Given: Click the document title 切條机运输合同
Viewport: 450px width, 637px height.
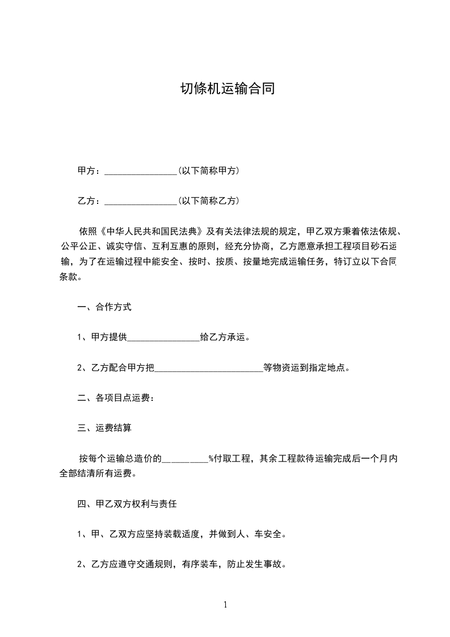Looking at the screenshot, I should pyautogui.click(x=227, y=89).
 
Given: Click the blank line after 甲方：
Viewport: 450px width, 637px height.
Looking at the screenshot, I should pyautogui.click(x=141, y=171).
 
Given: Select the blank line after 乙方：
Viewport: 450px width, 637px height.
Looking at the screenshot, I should pyautogui.click(x=141, y=201).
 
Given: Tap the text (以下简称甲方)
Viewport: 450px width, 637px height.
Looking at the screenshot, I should pyautogui.click(x=208, y=170).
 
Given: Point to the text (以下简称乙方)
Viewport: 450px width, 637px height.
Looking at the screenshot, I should pyautogui.click(x=208, y=200).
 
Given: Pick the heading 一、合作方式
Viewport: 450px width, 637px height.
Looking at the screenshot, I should pyautogui.click(x=104, y=307).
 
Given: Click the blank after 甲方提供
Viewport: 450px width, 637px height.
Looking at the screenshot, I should pyautogui.click(x=163, y=338).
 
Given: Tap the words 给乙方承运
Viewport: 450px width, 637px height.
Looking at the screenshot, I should pyautogui.click(x=225, y=337).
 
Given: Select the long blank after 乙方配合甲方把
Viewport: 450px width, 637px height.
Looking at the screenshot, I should pyautogui.click(x=209, y=368).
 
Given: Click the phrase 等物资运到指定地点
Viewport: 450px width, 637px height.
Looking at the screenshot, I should pyautogui.click(x=304, y=367).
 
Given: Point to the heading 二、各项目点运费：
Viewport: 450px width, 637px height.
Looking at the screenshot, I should pyautogui.click(x=116, y=398).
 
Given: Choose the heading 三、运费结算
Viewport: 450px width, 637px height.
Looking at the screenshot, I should pyautogui.click(x=104, y=428).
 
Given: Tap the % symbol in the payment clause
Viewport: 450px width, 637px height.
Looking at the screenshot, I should pyautogui.click(x=211, y=458).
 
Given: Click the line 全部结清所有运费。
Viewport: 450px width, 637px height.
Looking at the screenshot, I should pyautogui.click(x=98, y=473).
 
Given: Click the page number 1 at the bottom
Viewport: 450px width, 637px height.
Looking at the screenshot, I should pyautogui.click(x=225, y=605).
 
